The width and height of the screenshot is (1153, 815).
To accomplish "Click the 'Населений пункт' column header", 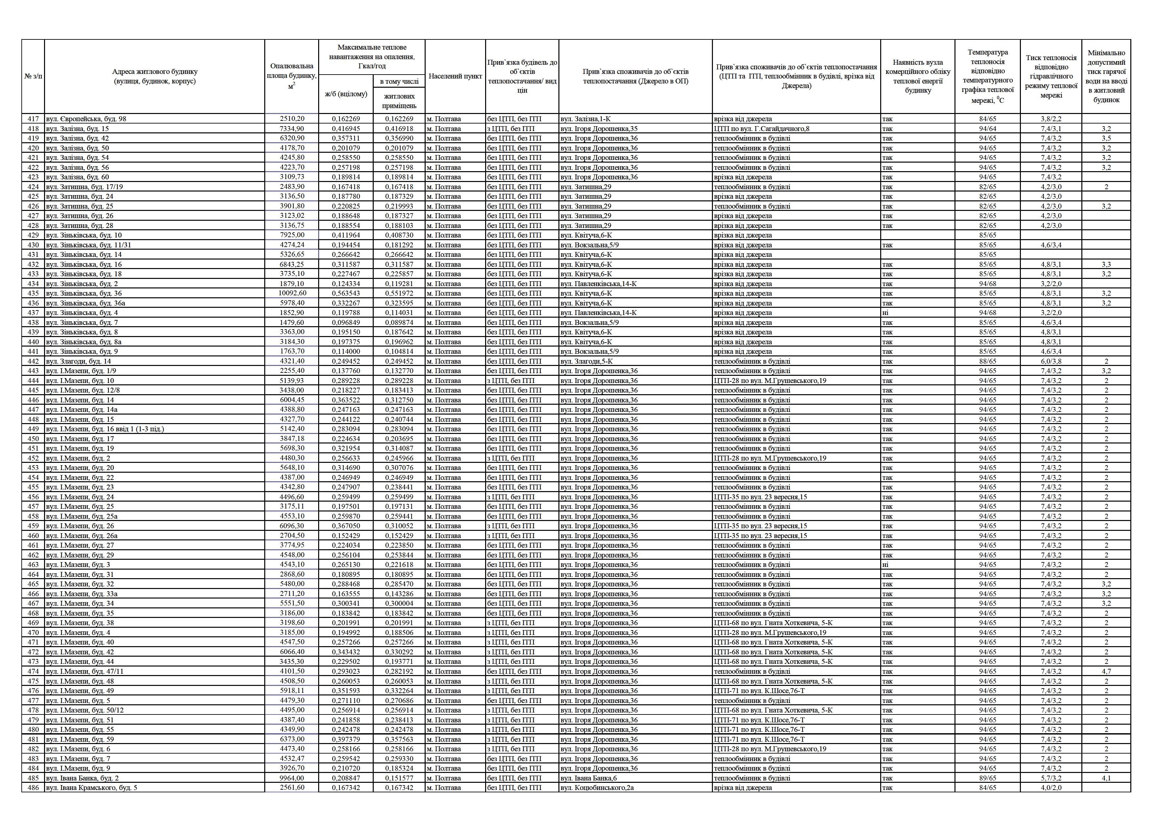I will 455,76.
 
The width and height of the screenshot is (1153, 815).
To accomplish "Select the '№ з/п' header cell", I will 33,76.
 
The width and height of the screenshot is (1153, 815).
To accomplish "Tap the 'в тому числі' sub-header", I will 399,81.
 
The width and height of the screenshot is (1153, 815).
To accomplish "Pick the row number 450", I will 33,439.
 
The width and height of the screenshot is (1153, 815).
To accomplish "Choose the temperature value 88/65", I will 987,361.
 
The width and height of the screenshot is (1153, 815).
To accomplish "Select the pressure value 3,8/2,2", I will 1051,119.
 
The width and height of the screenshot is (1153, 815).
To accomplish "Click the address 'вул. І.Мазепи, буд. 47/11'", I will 84,671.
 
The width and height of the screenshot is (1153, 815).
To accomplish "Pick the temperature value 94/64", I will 987,128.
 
